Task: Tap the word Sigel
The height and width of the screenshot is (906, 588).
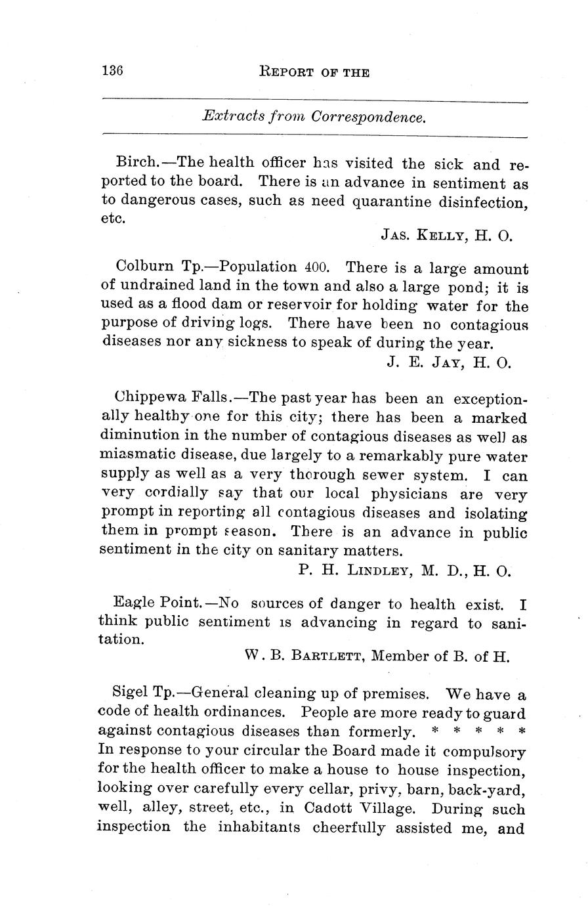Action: coord(131,693)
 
